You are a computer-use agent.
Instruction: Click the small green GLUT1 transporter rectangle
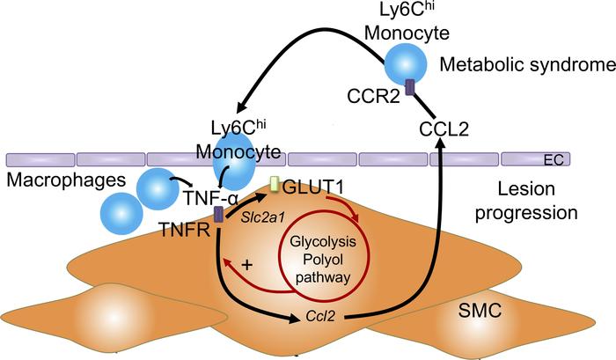[275, 185]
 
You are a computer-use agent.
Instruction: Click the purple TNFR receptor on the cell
[218, 215]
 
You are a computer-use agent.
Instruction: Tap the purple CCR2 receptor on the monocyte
[408, 86]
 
